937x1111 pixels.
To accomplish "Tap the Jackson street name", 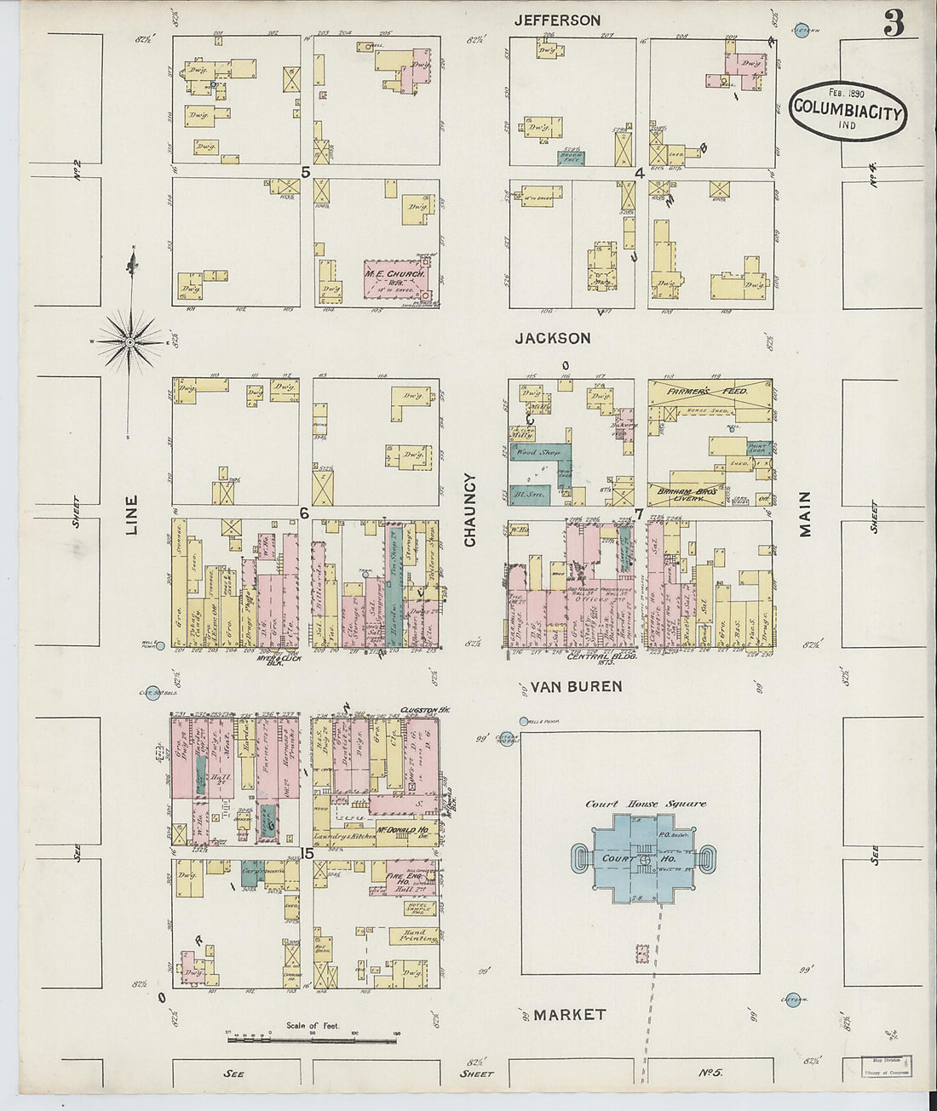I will point(552,338).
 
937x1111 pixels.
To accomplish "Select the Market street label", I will point(569,1014).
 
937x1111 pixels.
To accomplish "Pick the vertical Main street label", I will point(805,513).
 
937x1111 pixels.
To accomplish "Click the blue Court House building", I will point(638,859).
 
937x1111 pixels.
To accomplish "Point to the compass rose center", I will point(129,342).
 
